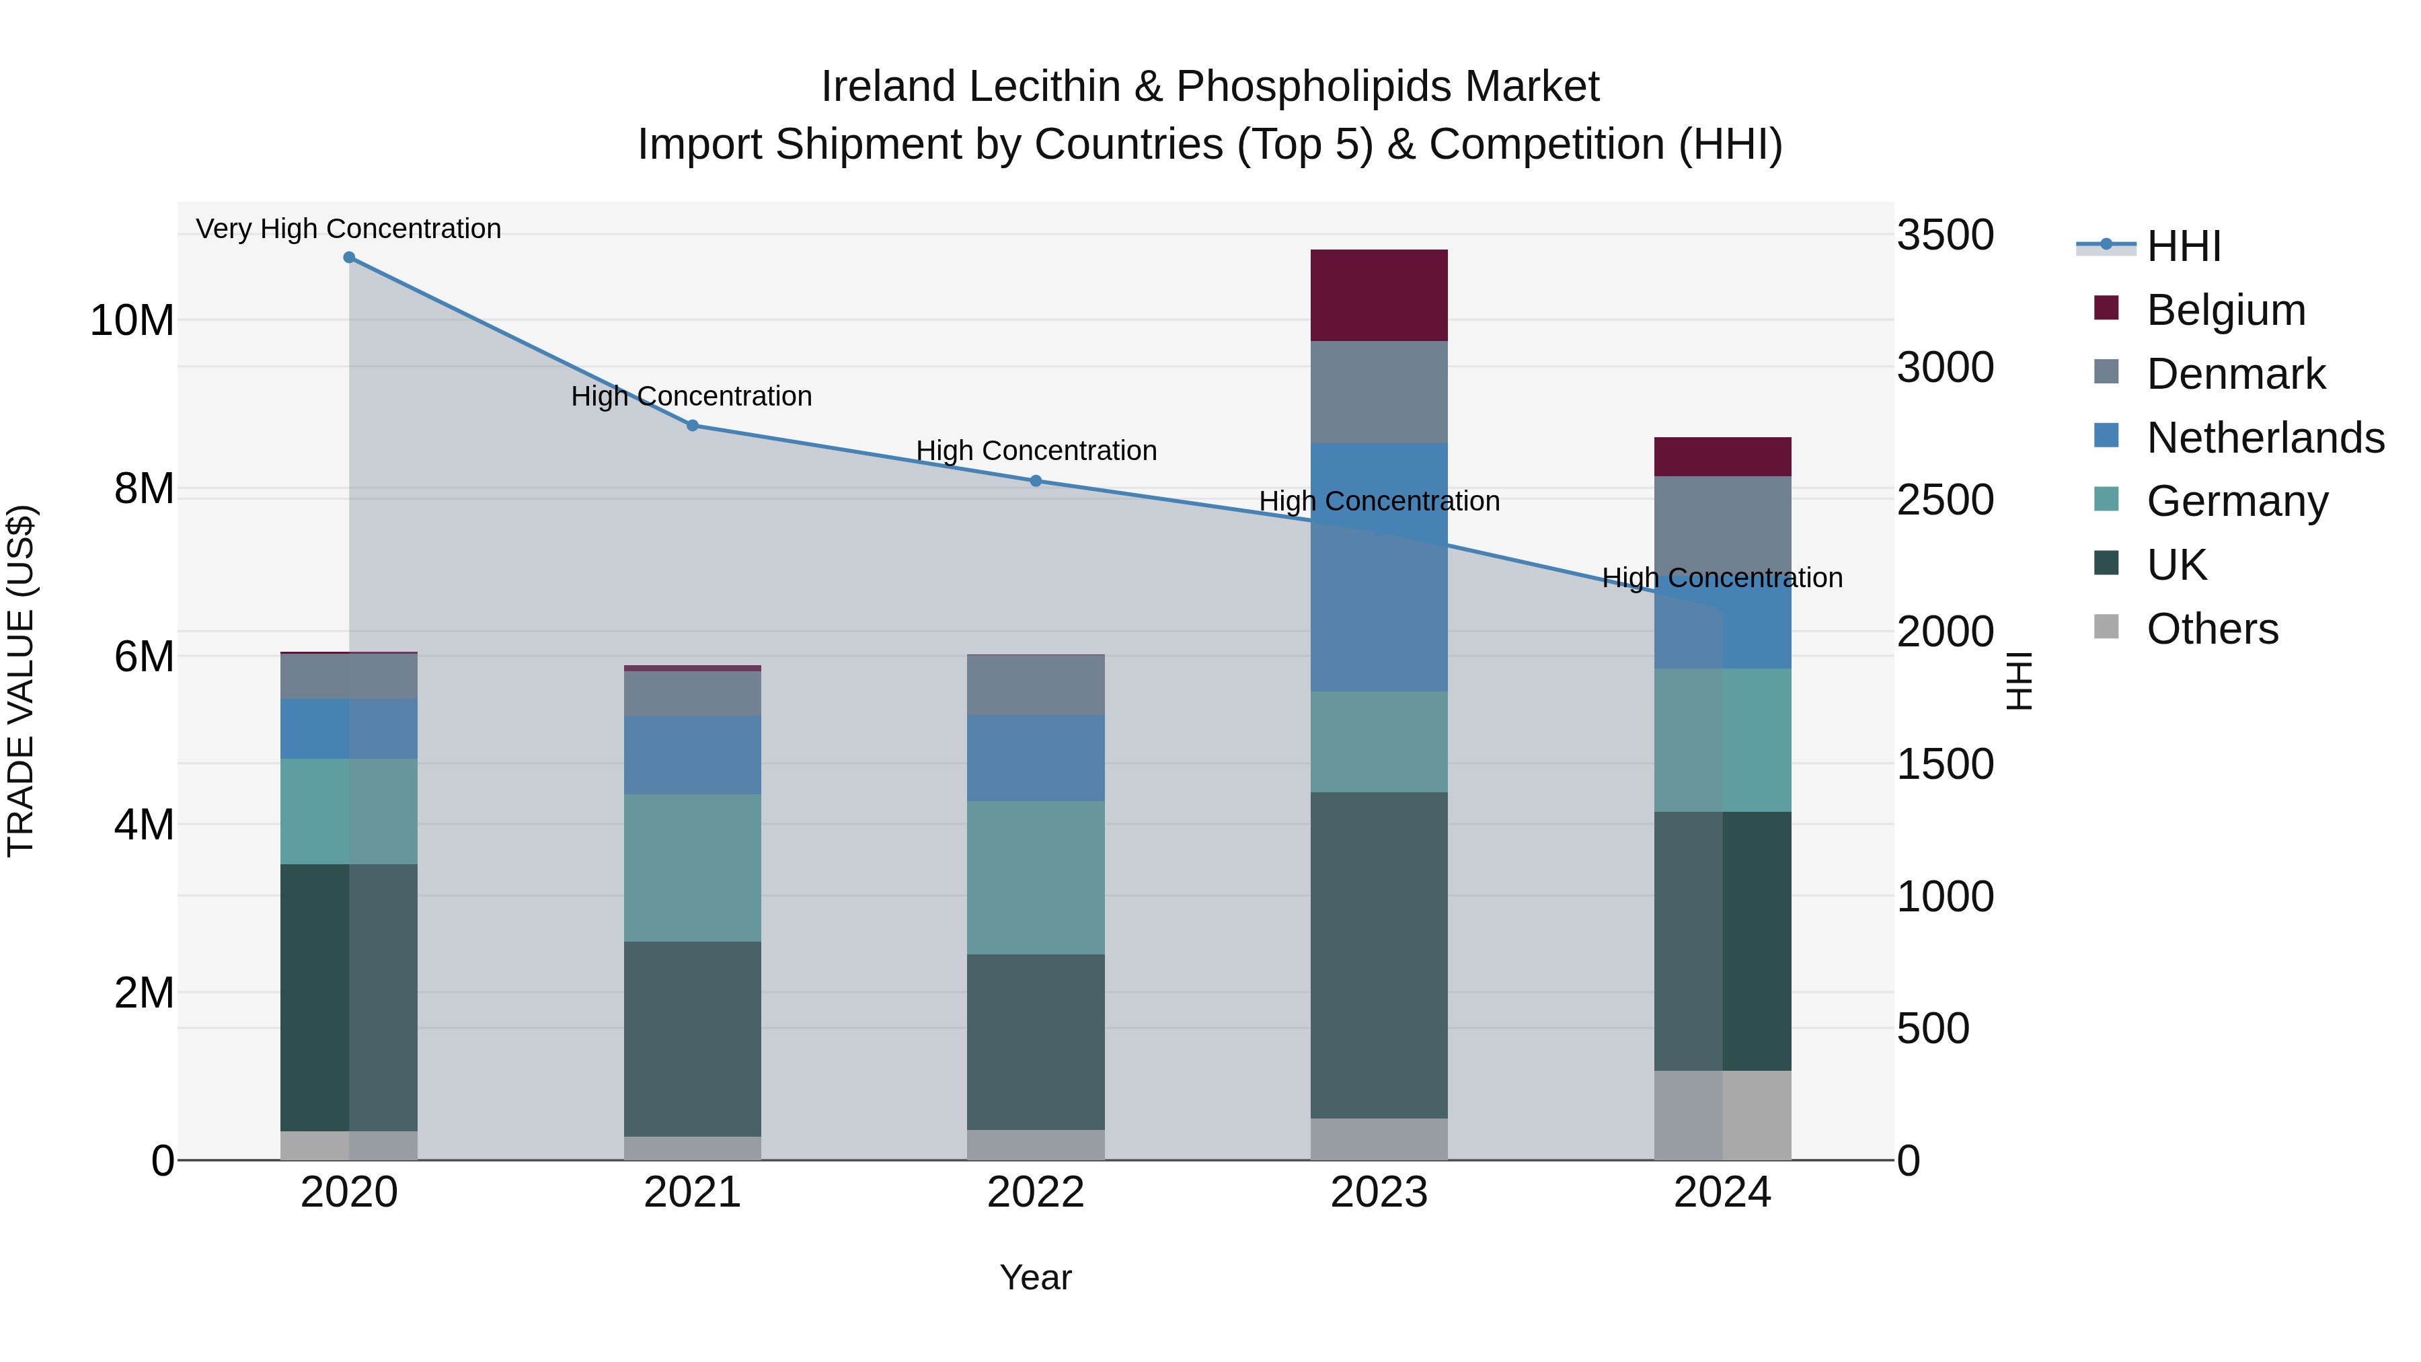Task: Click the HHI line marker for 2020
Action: (x=348, y=258)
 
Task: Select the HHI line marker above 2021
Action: (x=693, y=426)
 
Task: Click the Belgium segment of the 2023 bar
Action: (x=1379, y=295)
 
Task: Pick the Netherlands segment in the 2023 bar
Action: (x=1379, y=567)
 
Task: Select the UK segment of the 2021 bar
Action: (x=693, y=1038)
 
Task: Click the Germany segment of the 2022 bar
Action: (x=1036, y=877)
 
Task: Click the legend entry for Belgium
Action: (x=2225, y=310)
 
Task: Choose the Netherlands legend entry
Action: (x=2265, y=438)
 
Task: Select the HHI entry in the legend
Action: (x=2183, y=246)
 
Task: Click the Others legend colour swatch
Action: (x=2106, y=627)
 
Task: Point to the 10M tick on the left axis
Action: (x=132, y=321)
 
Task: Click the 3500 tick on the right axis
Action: (x=1944, y=235)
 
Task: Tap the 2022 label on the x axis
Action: (x=1036, y=1193)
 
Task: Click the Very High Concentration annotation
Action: (x=348, y=229)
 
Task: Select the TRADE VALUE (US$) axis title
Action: (x=21, y=681)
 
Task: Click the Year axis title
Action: (x=1036, y=1277)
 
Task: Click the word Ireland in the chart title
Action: (x=888, y=87)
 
